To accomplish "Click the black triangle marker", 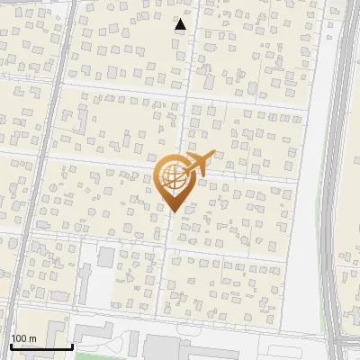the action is pyautogui.click(x=180, y=25).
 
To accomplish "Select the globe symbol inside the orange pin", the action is pyautogui.click(x=174, y=179).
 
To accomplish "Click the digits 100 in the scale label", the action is pyautogui.click(x=19, y=338).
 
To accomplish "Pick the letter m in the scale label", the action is pyautogui.click(x=32, y=338).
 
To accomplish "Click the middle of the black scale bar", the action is pyautogui.click(x=41, y=346).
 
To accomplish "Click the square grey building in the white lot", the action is pyautogui.click(x=106, y=257).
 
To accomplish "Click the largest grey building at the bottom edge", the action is pyautogui.click(x=180, y=349).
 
